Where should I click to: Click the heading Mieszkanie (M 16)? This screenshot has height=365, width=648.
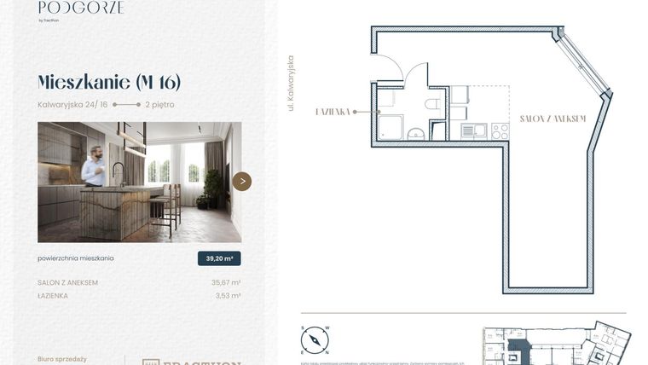(x=109, y=82)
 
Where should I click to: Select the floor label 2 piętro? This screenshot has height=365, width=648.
(x=159, y=105)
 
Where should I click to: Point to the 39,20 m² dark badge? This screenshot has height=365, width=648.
(x=219, y=258)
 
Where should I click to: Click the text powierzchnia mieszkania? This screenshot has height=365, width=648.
(x=76, y=258)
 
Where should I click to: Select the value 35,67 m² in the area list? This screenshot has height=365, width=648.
(x=226, y=282)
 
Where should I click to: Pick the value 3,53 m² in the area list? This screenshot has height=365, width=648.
(x=228, y=296)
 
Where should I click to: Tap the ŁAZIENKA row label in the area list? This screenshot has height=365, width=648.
(x=53, y=296)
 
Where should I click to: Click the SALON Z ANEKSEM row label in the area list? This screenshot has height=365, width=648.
(x=68, y=282)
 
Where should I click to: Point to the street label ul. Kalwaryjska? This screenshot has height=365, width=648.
(x=292, y=84)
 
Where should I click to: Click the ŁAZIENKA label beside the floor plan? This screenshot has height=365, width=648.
(x=333, y=112)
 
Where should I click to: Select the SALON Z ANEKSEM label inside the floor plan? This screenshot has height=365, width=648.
(x=553, y=119)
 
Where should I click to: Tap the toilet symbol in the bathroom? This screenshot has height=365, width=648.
(x=432, y=105)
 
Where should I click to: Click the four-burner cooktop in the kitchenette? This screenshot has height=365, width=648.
(x=500, y=130)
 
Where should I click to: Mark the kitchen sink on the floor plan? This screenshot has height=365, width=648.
(x=474, y=130)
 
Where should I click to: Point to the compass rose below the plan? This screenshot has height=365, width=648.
(x=315, y=340)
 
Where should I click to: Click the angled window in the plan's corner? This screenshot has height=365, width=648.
(x=587, y=63)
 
